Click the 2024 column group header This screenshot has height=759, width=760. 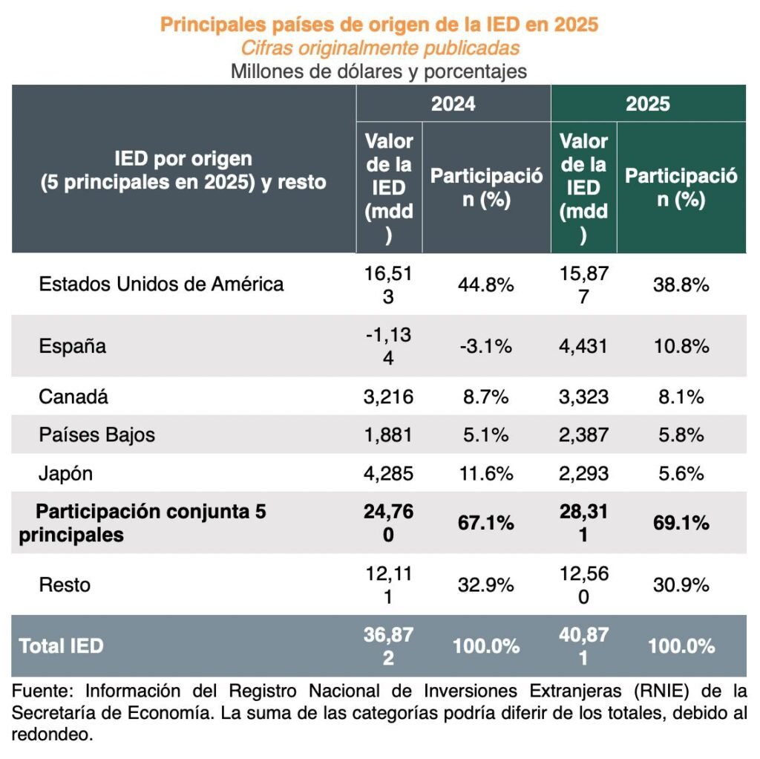coord(453,104)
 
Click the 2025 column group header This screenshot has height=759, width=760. coord(648,104)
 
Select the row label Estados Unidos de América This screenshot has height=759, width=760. coord(161,284)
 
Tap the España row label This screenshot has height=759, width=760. coord(72,346)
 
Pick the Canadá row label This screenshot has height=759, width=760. coord(73,397)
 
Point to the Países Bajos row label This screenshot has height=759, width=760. coord(97,434)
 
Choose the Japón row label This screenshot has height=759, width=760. coord(66,473)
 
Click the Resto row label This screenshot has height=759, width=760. coord(65,584)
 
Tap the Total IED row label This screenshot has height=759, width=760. coord(62,646)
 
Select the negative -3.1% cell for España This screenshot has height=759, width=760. coord(486,346)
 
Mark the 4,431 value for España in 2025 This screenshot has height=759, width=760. coord(583,346)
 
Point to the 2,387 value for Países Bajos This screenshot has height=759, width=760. coord(583,434)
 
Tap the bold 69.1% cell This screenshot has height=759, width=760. coord(681,523)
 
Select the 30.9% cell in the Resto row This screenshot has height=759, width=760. coord(681,584)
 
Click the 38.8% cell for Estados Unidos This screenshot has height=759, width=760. coord(681,284)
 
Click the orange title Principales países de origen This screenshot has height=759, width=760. coord(379,25)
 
